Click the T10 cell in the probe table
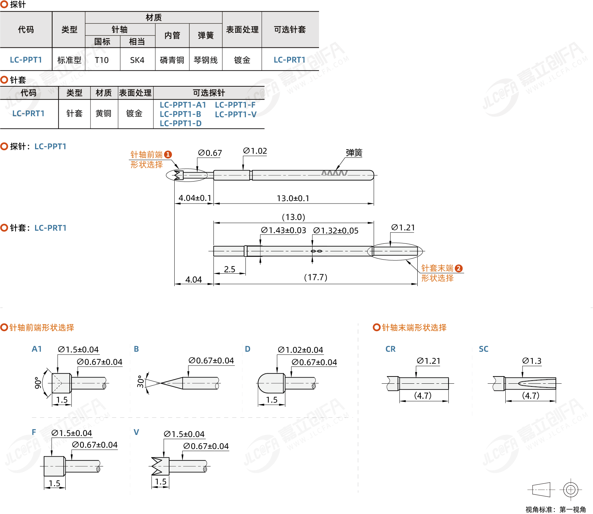coord(102,60)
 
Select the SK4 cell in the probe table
coord(137,60)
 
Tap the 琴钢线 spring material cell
coord(206,60)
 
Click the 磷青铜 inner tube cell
coord(172,60)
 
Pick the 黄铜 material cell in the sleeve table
coord(103,113)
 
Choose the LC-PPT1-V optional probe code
coord(236,114)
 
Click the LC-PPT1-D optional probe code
coord(181,123)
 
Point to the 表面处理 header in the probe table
coord(242,30)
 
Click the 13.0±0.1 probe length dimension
coord(293,198)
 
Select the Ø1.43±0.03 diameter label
coord(283,230)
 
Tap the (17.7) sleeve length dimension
coord(316,277)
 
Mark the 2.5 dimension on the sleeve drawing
coord(230,269)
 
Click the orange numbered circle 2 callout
coord(459,268)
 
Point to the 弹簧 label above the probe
coord(354,153)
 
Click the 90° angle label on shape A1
coord(38,383)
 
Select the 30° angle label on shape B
coord(140,382)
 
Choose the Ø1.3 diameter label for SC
coord(531,361)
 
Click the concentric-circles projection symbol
coord(571,489)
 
